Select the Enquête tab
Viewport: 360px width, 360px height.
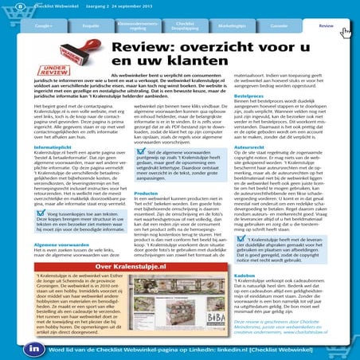pyautogui.click(x=91, y=26)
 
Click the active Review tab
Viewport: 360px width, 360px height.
pyautogui.click(x=326, y=26)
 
